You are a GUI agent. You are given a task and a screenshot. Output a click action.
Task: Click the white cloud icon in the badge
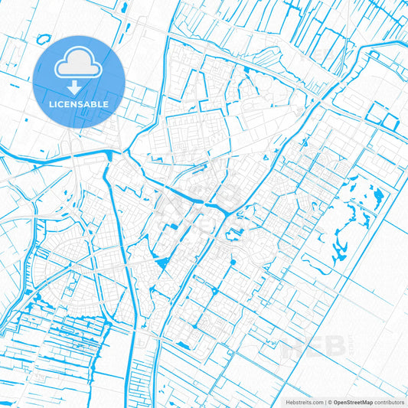[x=79, y=64]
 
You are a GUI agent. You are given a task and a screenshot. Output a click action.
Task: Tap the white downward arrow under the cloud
[x=79, y=89]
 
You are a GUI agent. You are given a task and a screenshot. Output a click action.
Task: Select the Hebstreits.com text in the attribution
[x=300, y=401]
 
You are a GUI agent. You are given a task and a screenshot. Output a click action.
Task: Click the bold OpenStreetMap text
[x=352, y=401]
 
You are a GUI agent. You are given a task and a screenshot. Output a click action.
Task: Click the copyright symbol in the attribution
[x=329, y=401]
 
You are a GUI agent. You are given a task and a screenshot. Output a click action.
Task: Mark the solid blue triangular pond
[x=162, y=263]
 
